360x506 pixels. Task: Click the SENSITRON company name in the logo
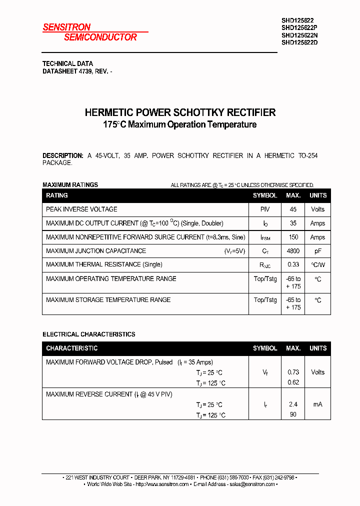coord(66,27)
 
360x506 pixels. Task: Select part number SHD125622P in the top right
coord(299,28)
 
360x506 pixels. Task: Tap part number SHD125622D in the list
coord(299,42)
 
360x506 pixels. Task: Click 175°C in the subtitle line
coord(114,124)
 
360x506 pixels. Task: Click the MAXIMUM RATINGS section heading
coord(70,184)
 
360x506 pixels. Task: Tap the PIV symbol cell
coord(264,209)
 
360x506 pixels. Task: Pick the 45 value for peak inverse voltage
coord(293,209)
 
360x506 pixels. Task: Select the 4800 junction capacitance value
coord(293,251)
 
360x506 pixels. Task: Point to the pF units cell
coord(317,251)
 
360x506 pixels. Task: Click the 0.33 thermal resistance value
coord(293,264)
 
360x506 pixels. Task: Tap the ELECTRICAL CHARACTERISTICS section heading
coord(88,334)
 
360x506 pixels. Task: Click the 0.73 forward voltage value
coord(293,372)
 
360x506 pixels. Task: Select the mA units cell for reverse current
coord(317,404)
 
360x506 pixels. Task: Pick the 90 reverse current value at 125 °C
coord(293,414)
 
